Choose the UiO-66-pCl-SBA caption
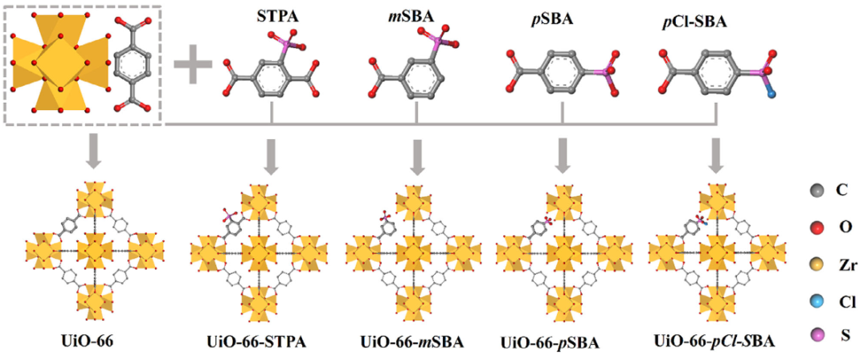tap(714, 341)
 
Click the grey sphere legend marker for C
tap(817, 191)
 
